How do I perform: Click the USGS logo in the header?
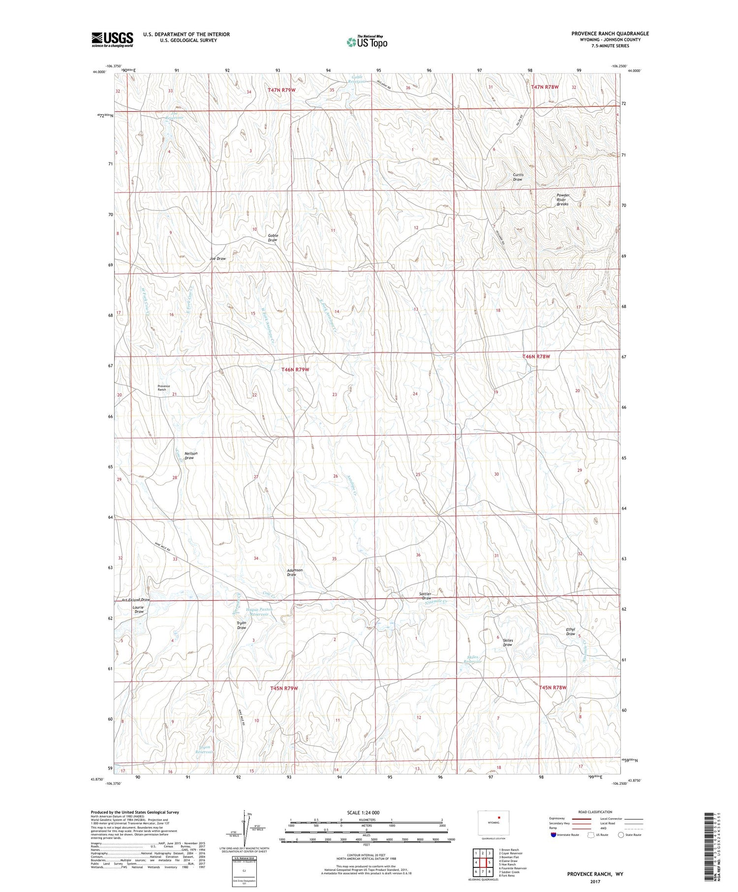112,39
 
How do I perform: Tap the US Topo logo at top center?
367,42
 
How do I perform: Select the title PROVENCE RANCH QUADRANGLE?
610,33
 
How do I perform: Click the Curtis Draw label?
518,177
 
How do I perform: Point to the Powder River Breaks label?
563,199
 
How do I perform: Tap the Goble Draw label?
273,238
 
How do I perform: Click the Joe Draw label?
217,259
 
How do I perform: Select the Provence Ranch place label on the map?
164,388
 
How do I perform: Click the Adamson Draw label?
295,572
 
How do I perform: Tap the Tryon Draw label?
241,625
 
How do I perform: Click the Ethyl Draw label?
571,632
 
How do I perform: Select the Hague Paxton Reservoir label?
259,612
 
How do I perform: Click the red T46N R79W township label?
295,369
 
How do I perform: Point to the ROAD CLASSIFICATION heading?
595,812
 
